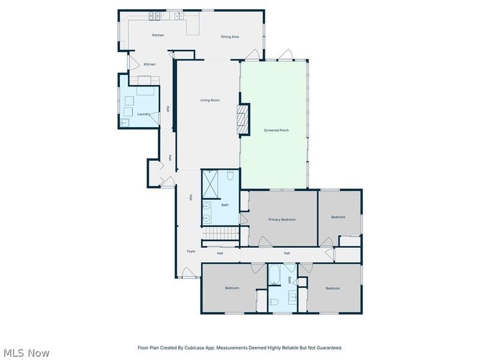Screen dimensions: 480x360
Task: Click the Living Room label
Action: (x=210, y=100)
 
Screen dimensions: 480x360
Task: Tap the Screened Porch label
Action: (x=276, y=130)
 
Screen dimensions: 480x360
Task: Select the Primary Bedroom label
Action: (x=282, y=220)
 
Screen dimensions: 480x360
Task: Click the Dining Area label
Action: (x=230, y=37)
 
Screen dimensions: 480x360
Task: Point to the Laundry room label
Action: (x=143, y=114)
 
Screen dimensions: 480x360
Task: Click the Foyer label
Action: (x=191, y=251)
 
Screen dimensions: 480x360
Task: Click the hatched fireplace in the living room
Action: (x=243, y=119)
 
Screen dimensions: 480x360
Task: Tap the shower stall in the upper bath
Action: (x=211, y=184)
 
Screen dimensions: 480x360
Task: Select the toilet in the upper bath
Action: (x=230, y=175)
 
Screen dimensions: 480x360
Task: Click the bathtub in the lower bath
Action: (x=274, y=275)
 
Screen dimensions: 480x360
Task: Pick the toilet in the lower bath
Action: (x=275, y=302)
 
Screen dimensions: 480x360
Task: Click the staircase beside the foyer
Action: (x=220, y=233)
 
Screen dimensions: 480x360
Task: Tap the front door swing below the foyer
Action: (x=188, y=272)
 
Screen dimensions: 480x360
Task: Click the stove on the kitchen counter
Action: (x=154, y=16)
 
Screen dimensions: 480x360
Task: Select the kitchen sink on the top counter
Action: (x=179, y=16)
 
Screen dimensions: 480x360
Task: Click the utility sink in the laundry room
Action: (x=125, y=122)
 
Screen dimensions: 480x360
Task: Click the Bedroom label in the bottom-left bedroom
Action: (x=232, y=288)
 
